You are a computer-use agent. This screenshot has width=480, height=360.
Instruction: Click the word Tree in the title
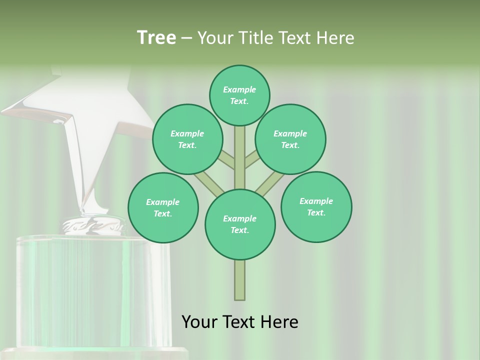click(156, 37)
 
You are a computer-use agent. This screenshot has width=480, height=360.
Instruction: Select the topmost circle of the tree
click(239, 95)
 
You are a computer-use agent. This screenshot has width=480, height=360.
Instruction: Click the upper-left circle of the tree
click(187, 139)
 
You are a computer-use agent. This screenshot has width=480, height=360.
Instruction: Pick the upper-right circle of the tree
click(290, 139)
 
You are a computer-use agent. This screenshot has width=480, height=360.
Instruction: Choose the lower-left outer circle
click(163, 207)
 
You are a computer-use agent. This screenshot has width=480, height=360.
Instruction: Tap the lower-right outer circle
click(316, 206)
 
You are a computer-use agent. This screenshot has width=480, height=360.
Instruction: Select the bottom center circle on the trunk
click(240, 224)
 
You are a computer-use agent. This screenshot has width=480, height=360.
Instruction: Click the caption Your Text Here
click(239, 321)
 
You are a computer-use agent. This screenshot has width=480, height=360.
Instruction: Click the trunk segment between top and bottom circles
click(240, 157)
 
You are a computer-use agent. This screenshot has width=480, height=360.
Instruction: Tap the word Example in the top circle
click(239, 89)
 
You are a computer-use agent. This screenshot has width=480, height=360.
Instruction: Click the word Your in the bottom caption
click(199, 321)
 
